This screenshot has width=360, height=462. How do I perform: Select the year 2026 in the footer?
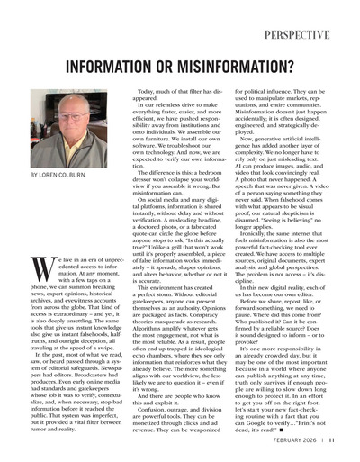(304, 440)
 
